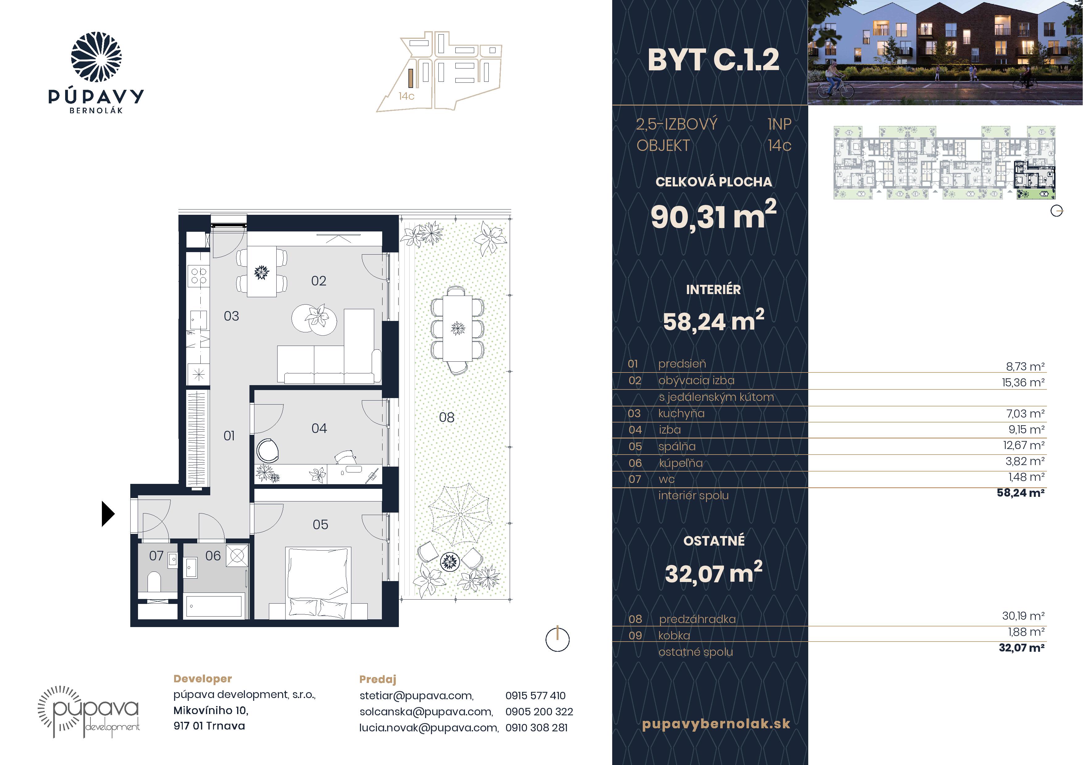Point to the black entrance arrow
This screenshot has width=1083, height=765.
pos(108,513)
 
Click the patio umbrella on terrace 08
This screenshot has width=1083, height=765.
pos(460,515)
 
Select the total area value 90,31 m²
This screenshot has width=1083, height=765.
pos(713,215)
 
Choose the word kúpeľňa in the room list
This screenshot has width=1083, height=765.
pos(681,463)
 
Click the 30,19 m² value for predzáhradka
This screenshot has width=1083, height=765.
pos(1023,616)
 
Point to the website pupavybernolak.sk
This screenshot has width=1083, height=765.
pos(716,724)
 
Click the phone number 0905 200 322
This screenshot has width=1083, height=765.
pos(539,712)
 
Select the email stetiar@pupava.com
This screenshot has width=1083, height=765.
pos(416,696)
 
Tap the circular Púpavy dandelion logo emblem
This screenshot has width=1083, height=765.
pos(96,57)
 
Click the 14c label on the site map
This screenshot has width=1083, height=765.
pos(406,96)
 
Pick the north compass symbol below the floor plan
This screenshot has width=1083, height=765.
pos(558,640)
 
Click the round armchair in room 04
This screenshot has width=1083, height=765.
pos(267,451)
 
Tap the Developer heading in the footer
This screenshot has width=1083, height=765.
pos(203,679)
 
